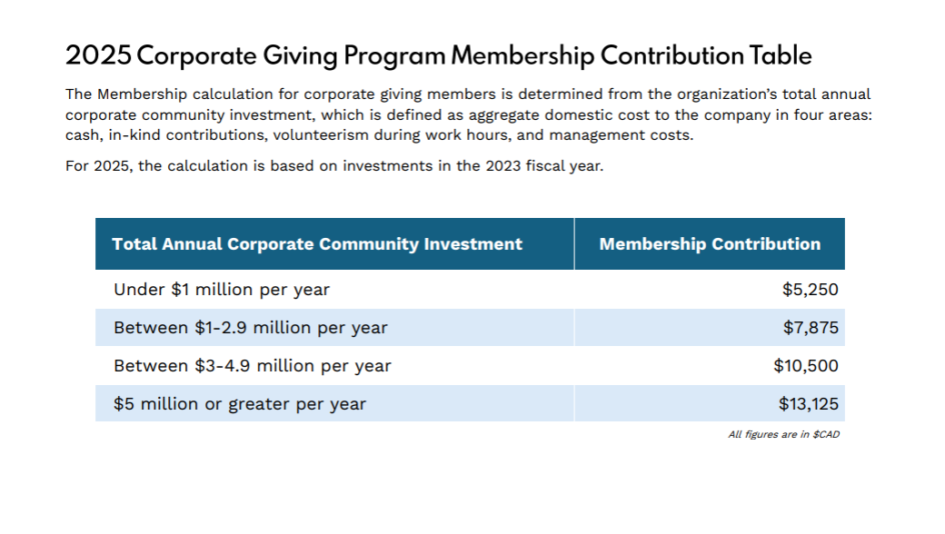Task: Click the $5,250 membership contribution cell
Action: [810, 290]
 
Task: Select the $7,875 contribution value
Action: [811, 328]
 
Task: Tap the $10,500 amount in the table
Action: [806, 366]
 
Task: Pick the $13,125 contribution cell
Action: [808, 404]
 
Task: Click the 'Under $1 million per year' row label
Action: [222, 290]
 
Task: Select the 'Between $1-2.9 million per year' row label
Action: [251, 328]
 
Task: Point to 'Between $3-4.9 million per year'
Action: [253, 366]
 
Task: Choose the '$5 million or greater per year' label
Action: [240, 404]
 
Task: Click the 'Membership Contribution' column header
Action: [710, 244]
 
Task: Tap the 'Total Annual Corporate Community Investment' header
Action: [317, 244]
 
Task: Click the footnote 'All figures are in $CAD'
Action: [783, 435]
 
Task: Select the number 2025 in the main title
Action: [98, 55]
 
